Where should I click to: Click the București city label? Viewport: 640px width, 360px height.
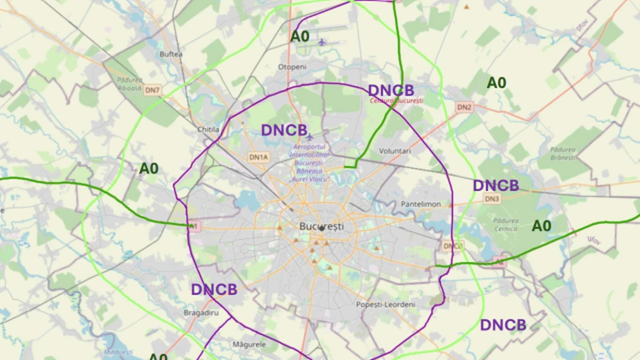[x=322, y=226]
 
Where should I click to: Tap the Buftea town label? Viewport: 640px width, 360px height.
[x=171, y=54]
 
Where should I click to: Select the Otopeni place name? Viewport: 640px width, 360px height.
[x=292, y=66]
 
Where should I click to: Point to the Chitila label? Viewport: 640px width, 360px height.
[x=208, y=129]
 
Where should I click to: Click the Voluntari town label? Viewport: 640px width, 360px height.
[x=395, y=151]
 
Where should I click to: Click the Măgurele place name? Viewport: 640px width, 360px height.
[x=249, y=344]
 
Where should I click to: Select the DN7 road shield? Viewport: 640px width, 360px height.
[x=152, y=90]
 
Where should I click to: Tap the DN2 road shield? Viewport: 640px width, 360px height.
[x=464, y=107]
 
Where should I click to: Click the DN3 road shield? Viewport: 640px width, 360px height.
[x=492, y=199]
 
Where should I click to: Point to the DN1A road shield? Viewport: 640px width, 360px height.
[x=258, y=157]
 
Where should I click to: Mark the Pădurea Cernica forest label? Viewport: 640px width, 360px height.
[x=505, y=225]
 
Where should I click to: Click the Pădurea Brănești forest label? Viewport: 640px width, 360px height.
[x=562, y=153]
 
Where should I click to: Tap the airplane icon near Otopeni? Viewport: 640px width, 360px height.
[x=322, y=42]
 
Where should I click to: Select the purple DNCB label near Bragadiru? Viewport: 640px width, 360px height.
[x=214, y=290]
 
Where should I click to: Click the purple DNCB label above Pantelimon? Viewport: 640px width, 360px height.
[x=496, y=186]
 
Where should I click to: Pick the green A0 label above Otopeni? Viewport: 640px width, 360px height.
[x=299, y=36]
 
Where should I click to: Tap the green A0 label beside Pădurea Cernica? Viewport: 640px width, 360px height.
[x=541, y=226]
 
